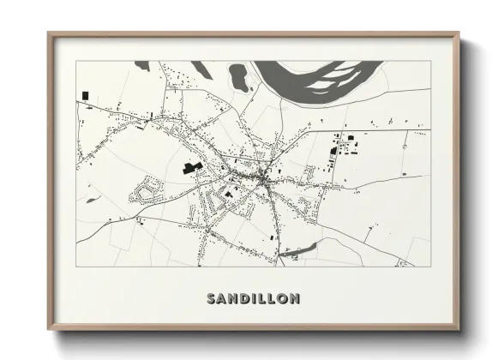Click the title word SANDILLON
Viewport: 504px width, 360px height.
(x=253, y=298)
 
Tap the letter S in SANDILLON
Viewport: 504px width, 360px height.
(x=211, y=298)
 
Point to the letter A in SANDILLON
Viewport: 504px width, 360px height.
(x=221, y=298)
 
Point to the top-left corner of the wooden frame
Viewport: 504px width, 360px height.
(x=50, y=34)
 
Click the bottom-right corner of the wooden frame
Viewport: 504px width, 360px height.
(x=459, y=329)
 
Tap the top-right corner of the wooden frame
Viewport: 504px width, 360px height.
(x=459, y=34)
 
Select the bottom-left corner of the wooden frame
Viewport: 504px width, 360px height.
(x=50, y=329)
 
